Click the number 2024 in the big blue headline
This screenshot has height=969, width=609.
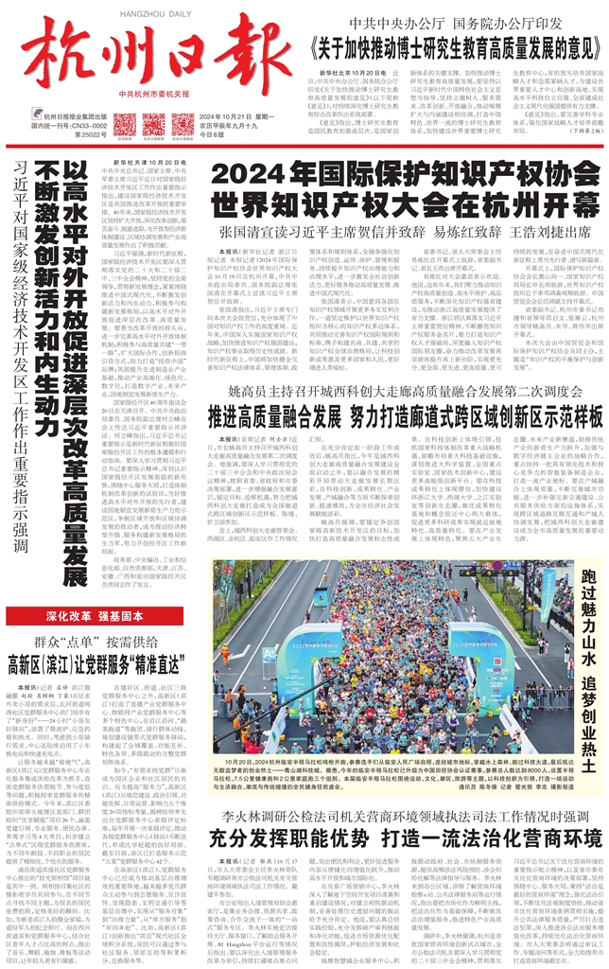pyautogui.click(x=240, y=176)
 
